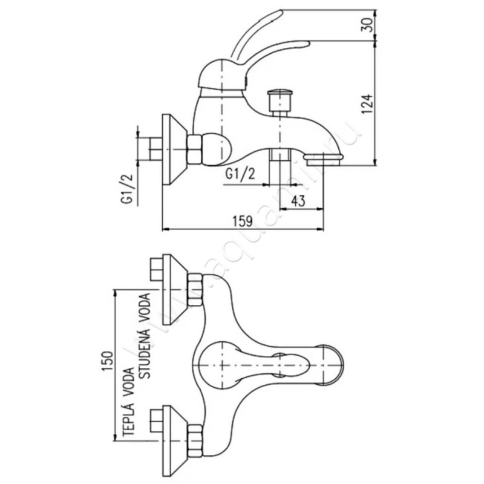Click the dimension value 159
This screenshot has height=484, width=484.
243,221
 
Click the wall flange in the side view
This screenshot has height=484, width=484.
174,148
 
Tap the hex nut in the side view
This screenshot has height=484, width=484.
195,149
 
